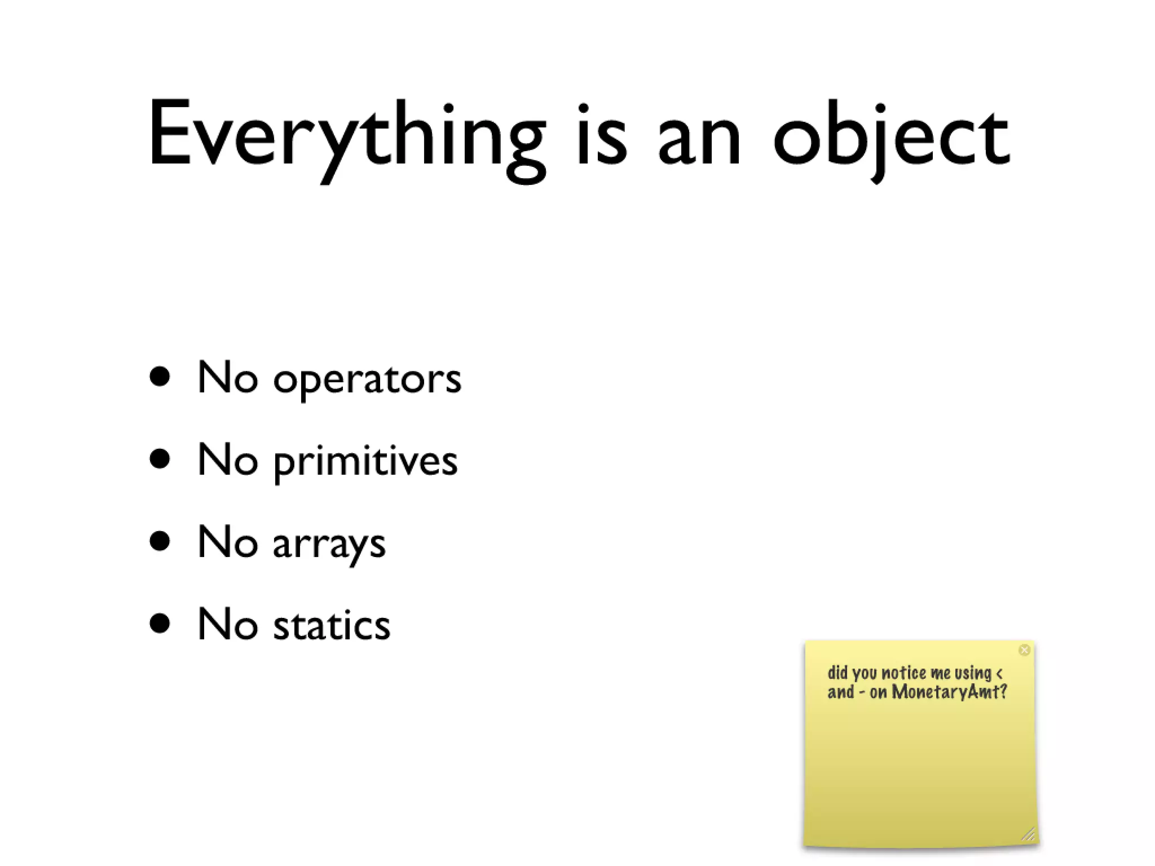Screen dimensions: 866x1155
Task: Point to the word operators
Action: pos(367,379)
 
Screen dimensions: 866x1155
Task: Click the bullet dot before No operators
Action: pos(160,377)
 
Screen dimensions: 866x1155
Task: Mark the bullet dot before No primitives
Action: pos(160,459)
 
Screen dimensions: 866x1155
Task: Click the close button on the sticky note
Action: pos(1025,650)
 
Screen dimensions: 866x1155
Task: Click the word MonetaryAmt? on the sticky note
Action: pos(950,692)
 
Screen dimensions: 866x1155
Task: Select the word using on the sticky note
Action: pos(973,673)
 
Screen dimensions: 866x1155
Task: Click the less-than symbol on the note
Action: pos(1000,673)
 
